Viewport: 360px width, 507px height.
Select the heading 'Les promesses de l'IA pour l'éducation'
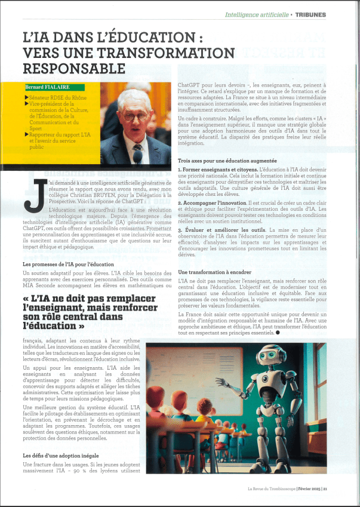(68, 264)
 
